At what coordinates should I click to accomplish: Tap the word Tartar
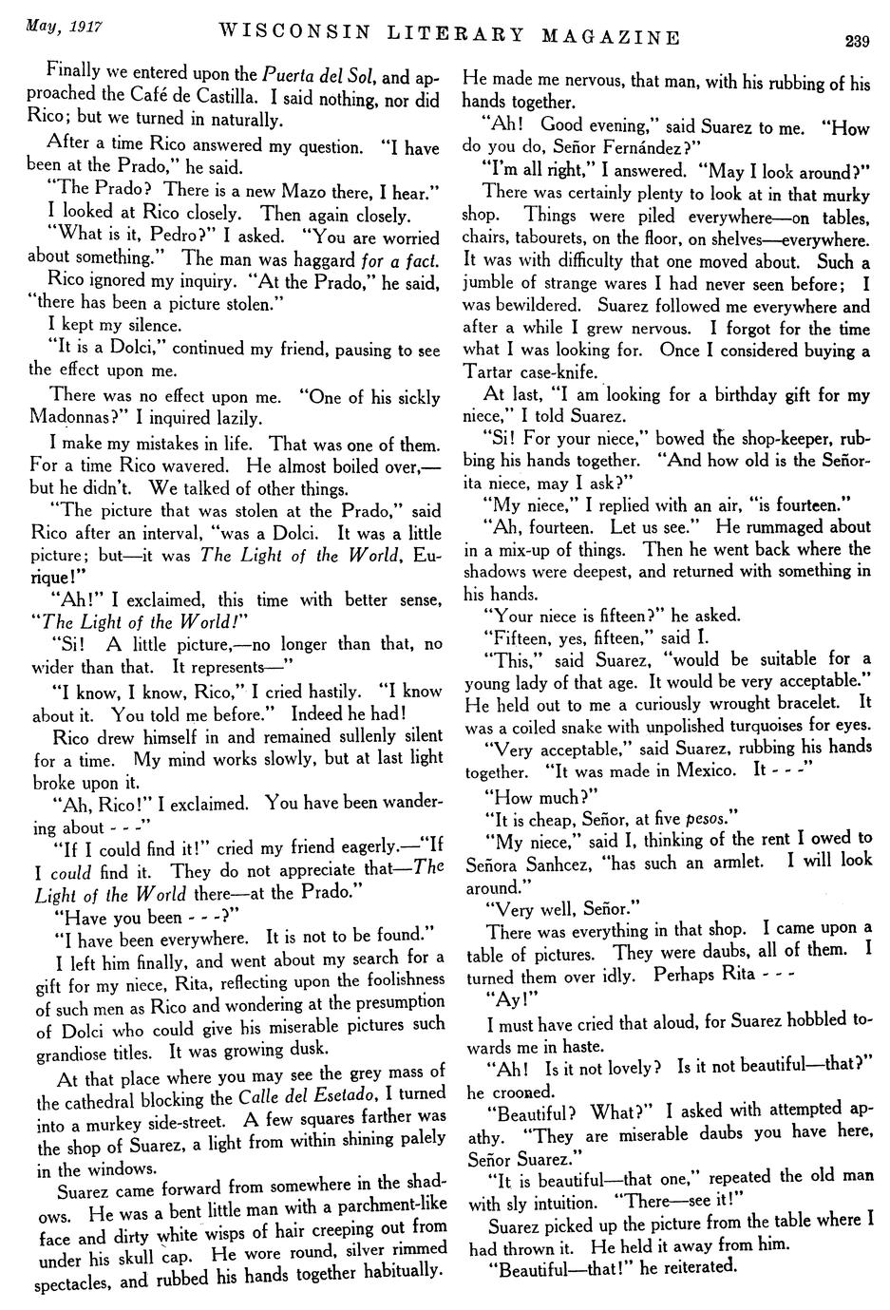[x=490, y=373]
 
